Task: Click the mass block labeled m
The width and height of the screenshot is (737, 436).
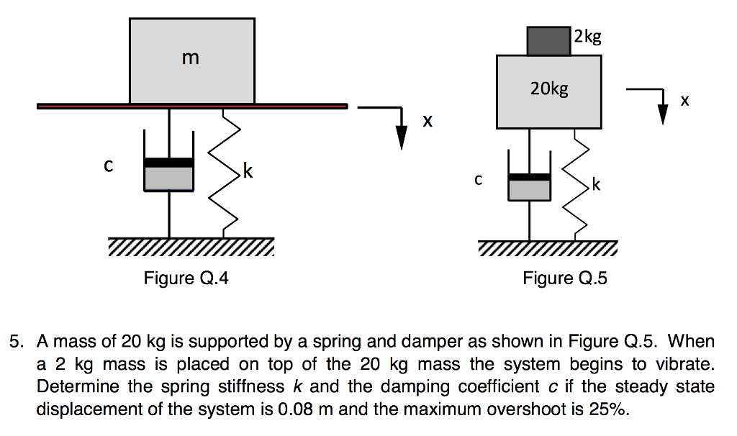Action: (x=191, y=61)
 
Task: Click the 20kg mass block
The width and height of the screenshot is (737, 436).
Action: (x=549, y=92)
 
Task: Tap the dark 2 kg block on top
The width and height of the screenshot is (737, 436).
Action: (x=549, y=41)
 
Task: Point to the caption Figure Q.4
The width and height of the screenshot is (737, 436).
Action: (x=186, y=278)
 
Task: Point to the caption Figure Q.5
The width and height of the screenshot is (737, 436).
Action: (x=565, y=278)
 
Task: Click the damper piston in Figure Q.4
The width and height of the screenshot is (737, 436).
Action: (x=169, y=163)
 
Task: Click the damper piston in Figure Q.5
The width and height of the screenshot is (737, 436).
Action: (x=530, y=177)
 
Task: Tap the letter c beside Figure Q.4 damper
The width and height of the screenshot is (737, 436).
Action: (x=108, y=166)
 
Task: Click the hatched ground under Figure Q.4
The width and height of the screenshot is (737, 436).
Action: (x=191, y=247)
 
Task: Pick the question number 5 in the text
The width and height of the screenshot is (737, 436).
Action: (x=14, y=340)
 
